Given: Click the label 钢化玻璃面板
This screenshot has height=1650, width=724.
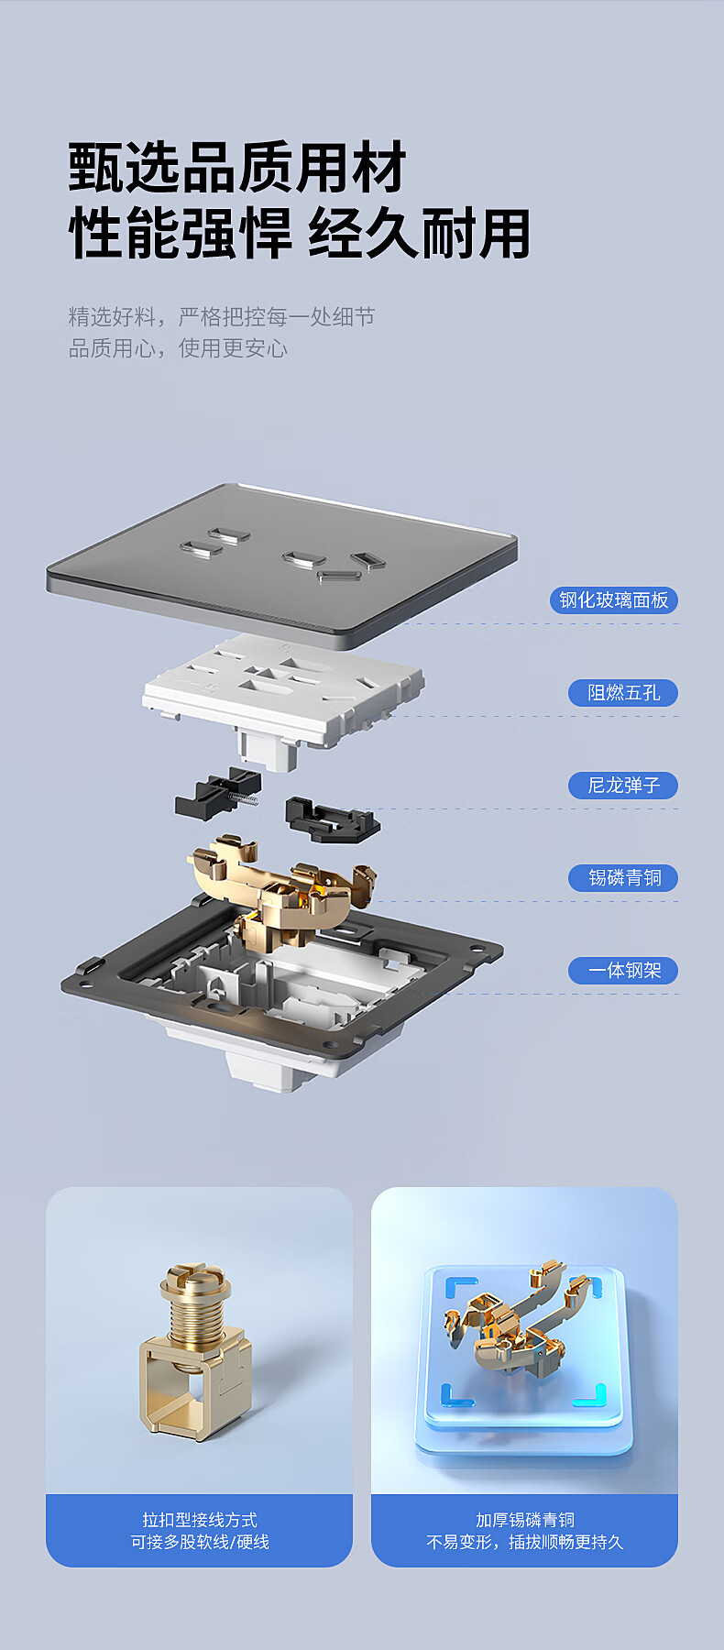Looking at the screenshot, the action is point(614,600).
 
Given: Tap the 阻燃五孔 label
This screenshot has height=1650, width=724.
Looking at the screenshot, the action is point(623,693).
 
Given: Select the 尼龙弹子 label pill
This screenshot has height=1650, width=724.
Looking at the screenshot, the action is point(623,786).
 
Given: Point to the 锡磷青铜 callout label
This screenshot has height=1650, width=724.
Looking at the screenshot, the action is point(623,878).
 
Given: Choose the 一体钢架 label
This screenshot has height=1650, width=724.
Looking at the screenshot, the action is point(623,971).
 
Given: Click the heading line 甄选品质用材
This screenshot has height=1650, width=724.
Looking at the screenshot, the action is point(237,168).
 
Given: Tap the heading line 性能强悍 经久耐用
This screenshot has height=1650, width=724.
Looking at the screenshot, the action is point(300,234).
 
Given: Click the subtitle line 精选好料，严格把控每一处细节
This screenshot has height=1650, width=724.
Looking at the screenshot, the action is point(222,317).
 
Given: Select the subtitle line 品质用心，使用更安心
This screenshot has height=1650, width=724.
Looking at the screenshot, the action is point(178,348).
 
